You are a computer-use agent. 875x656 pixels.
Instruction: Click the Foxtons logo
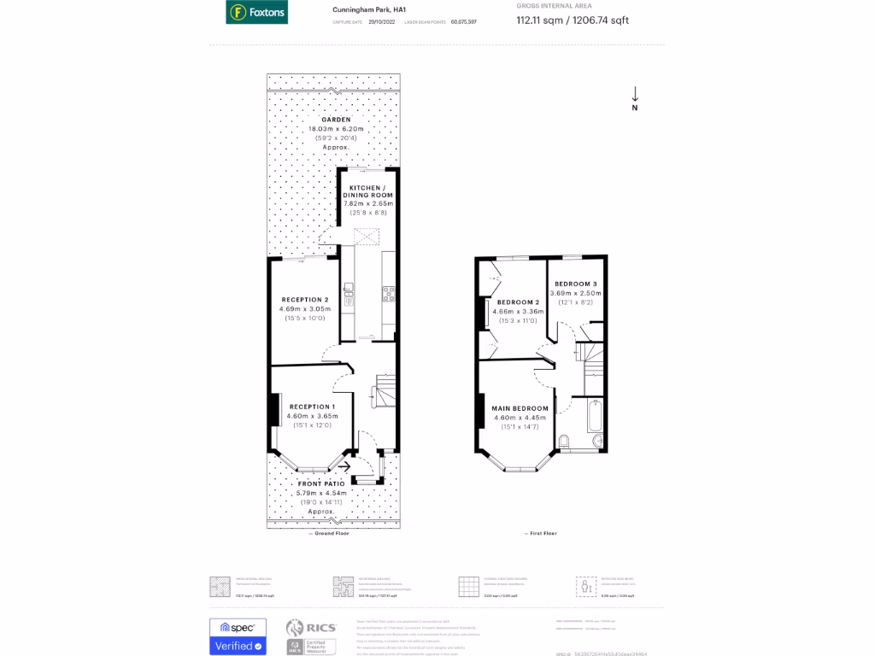click(256, 13)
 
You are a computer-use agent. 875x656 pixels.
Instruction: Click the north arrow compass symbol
click(635, 98)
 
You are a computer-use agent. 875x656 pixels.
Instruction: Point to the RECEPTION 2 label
click(305, 300)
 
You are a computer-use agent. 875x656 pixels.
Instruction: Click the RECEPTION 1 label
click(312, 407)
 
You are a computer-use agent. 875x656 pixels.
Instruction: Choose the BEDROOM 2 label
click(518, 302)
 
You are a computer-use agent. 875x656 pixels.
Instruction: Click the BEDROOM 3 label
click(575, 284)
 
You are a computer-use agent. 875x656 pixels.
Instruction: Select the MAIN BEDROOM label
click(520, 408)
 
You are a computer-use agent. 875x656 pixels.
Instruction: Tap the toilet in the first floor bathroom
click(564, 441)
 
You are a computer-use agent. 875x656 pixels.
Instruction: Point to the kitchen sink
click(349, 295)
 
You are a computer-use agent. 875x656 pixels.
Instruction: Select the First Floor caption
click(540, 533)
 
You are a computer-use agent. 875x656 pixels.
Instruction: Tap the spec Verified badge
click(238, 636)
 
